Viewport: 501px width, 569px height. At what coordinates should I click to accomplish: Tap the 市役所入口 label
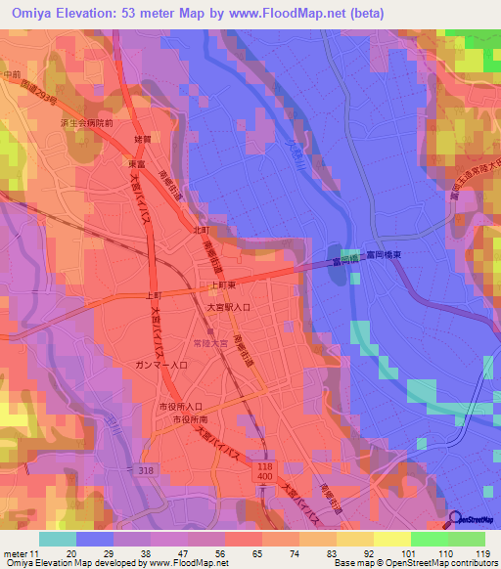(x=180, y=406)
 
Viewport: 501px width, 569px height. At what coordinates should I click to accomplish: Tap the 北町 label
(x=202, y=230)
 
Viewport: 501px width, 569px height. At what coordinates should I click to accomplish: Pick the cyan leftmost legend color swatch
(x=57, y=539)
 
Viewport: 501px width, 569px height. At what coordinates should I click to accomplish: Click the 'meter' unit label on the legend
(x=16, y=552)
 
